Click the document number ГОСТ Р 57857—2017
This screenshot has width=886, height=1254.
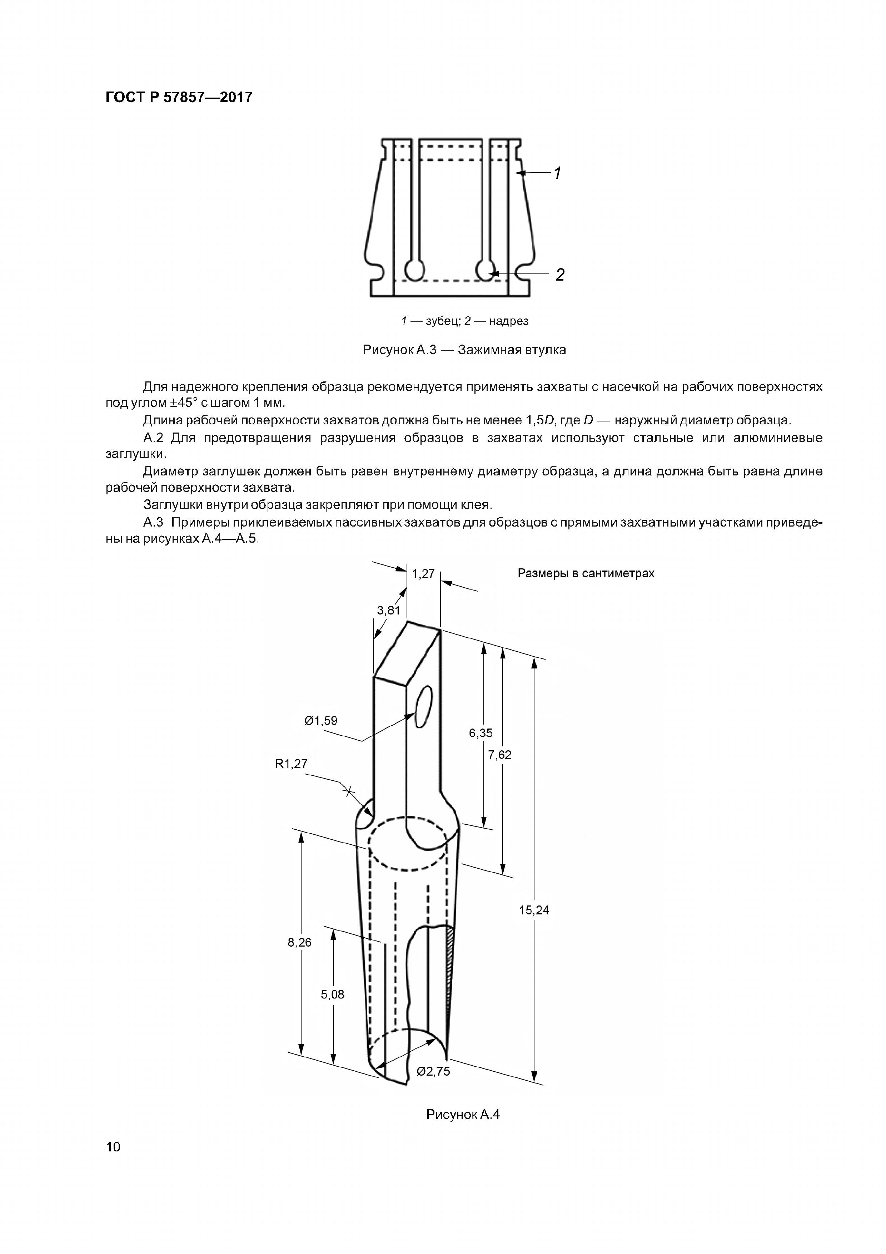[179, 98]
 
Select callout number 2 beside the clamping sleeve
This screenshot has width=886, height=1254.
[559, 275]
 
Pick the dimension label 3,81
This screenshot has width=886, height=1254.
[389, 611]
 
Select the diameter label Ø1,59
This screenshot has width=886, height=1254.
[321, 720]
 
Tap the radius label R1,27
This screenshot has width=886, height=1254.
[292, 764]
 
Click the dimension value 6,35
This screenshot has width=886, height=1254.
[481, 733]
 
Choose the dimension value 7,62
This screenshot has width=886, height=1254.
[500, 755]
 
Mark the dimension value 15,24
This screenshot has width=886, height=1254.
[534, 909]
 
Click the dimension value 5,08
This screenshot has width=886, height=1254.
[333, 994]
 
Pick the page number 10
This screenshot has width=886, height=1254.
[113, 1162]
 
